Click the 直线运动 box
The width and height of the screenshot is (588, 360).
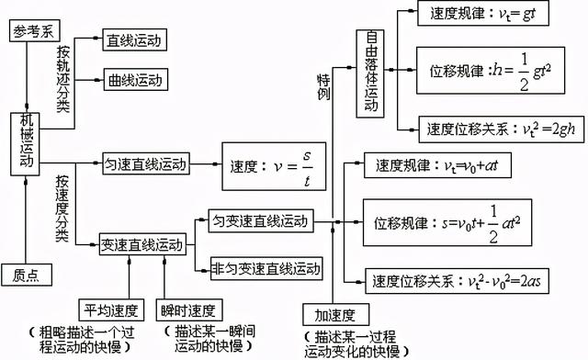[132, 40]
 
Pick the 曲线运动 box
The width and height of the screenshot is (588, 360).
[132, 79]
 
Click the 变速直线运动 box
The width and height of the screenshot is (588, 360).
[142, 245]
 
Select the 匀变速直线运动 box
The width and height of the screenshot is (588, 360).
[259, 221]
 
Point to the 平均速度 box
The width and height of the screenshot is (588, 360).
[107, 309]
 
